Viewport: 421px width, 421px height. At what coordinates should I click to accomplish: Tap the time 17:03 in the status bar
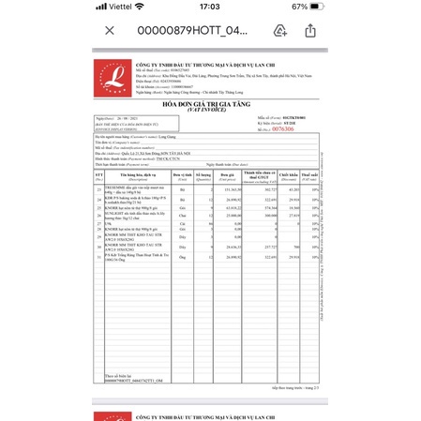click(x=210, y=7)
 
